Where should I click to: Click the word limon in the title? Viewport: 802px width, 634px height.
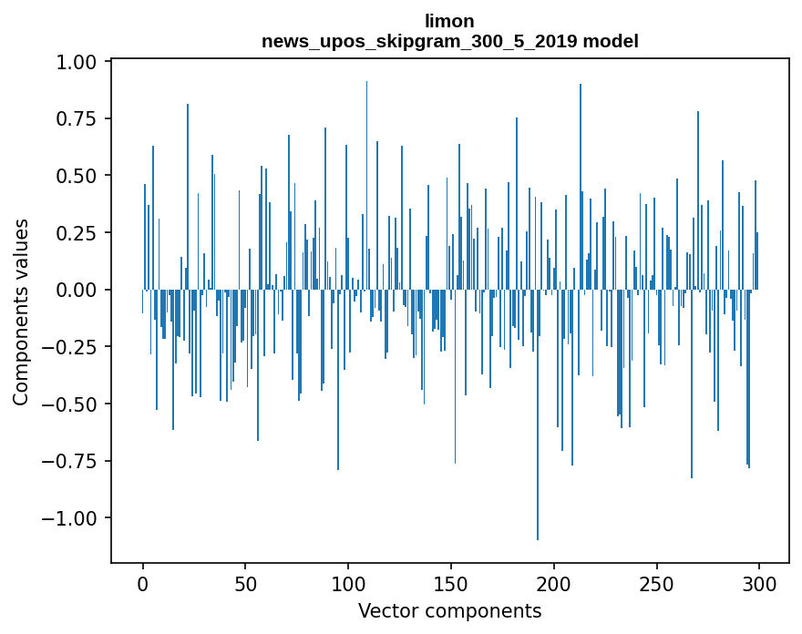click(x=449, y=21)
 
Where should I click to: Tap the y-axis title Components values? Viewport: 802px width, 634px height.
click(x=21, y=312)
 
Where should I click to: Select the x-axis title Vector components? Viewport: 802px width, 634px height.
click(x=449, y=611)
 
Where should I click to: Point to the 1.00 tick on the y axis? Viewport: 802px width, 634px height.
click(x=78, y=62)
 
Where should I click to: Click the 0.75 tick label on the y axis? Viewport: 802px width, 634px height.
click(x=78, y=118)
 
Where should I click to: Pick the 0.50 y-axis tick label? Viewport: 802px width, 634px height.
click(x=78, y=176)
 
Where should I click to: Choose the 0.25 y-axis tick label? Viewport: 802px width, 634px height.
click(x=78, y=232)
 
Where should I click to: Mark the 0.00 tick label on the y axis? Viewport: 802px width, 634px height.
click(x=78, y=290)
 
